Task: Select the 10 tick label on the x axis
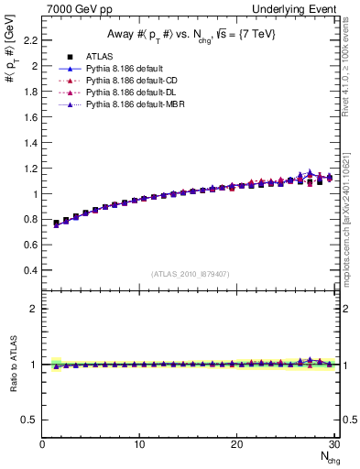pyautogui.click(x=139, y=445)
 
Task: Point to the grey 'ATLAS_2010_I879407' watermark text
pyautogui.click(x=191, y=275)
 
